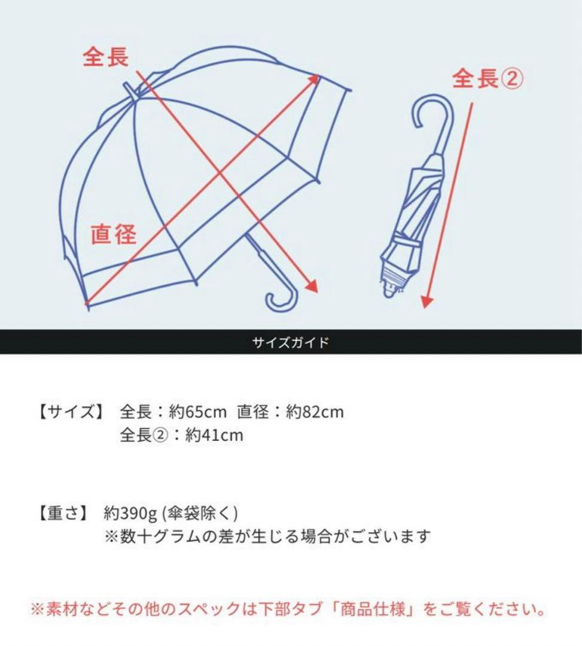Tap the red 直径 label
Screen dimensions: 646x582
[x=114, y=233]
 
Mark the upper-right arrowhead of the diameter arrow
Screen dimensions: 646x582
[x=314, y=80]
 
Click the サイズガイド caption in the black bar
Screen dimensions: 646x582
[x=291, y=343]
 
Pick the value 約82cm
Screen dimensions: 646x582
[x=315, y=412]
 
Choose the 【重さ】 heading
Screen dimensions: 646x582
[x=63, y=513]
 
